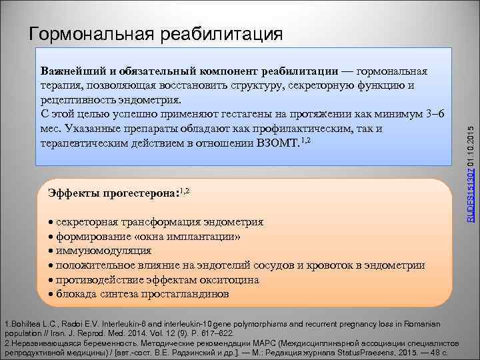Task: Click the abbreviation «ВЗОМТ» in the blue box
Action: pos(279,143)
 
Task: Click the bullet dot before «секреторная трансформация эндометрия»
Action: pos(51,222)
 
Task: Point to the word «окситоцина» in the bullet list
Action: pos(231,280)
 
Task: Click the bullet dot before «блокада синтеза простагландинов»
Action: pos(51,294)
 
